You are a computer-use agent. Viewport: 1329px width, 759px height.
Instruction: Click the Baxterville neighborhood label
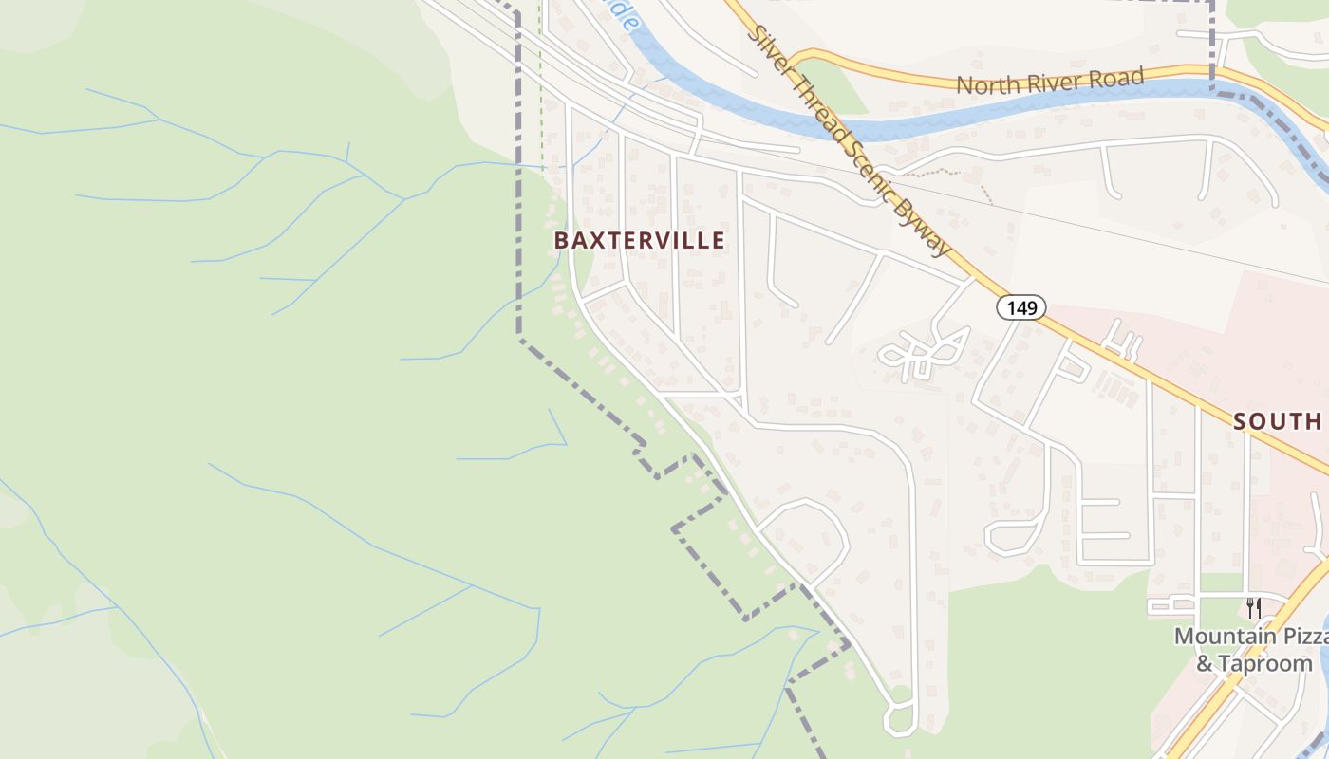pos(639,241)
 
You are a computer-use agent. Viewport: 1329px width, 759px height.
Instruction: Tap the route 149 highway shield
pos(1020,307)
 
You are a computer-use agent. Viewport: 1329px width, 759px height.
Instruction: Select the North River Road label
pos(1049,82)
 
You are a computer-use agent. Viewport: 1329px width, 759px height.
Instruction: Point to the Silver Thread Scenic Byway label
pos(849,140)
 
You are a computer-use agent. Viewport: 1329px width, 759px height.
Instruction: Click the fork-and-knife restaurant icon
pos(1254,607)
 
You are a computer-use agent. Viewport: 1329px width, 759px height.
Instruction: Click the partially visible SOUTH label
pos(1278,421)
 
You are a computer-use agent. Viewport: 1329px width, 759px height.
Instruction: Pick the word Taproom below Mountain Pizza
pos(1265,663)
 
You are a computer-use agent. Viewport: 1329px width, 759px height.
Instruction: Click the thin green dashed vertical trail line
pos(541,85)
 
